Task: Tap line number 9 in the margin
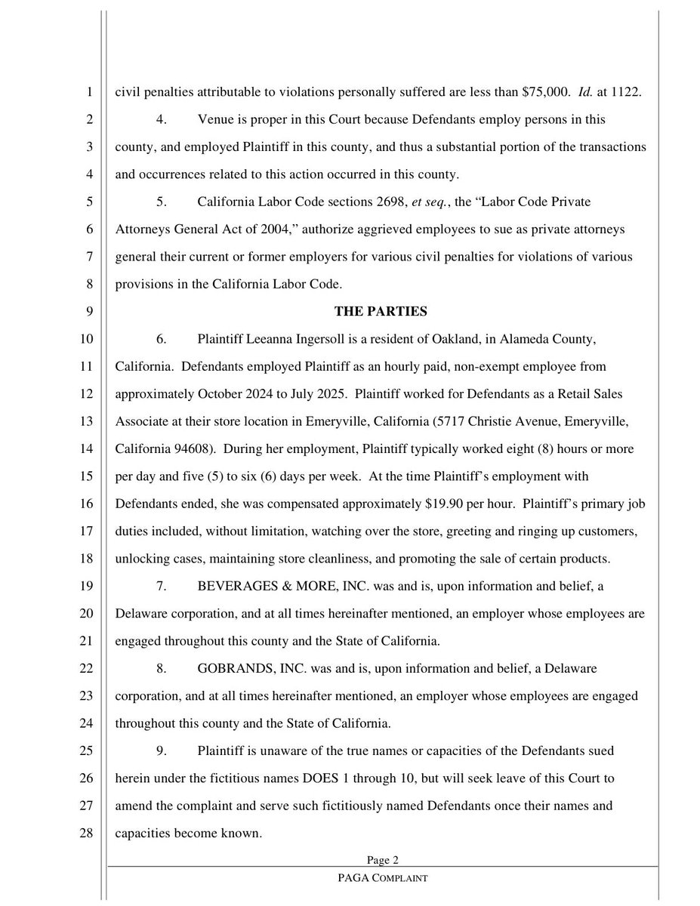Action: coord(88,310)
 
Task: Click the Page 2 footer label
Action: coord(382,859)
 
